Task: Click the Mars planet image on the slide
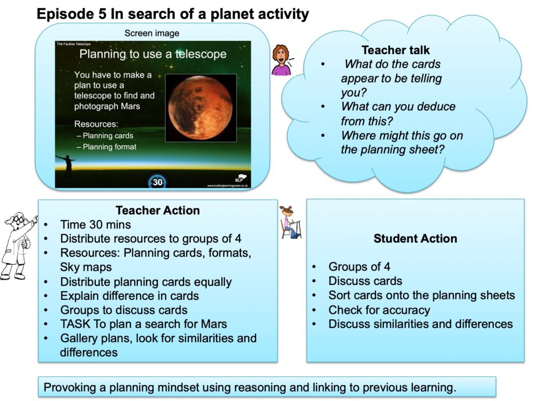pos(201,108)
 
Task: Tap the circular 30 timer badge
pos(157,181)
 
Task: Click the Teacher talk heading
pos(395,50)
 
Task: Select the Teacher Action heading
pos(157,210)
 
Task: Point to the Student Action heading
pos(415,238)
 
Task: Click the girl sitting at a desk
pos(290,222)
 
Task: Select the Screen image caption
pos(152,33)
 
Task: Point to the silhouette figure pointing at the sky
pos(66,166)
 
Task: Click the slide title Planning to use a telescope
pos(153,54)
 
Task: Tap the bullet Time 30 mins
pos(95,225)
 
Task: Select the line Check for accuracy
pos(379,310)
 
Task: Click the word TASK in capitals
pos(75,324)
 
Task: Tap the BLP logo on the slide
pos(240,178)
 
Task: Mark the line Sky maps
pos(86,267)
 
